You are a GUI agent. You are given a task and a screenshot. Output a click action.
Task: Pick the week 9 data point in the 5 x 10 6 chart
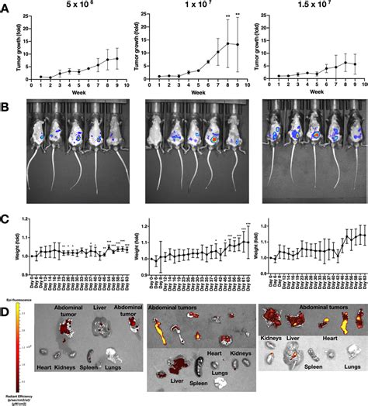point(116,58)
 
